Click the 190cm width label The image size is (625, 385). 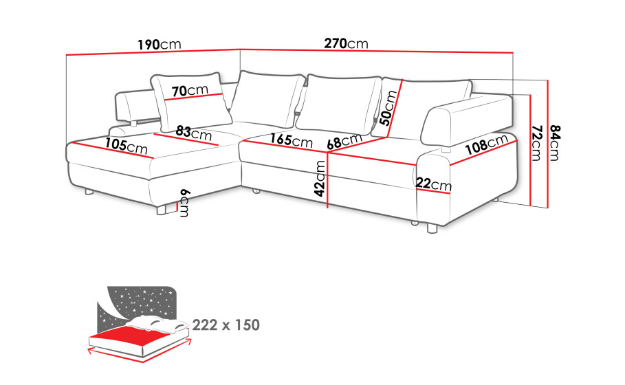tap(160, 44)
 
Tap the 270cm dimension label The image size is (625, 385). tap(346, 43)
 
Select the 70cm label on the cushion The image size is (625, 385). tap(190, 91)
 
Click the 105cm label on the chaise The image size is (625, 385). tap(127, 146)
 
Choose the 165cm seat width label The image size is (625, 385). tap(292, 140)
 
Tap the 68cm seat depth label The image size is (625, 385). tap(344, 142)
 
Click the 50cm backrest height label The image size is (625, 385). tap(388, 108)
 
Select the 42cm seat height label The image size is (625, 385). tap(320, 179)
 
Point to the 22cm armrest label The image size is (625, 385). tap(434, 184)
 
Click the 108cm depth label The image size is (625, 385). tap(487, 144)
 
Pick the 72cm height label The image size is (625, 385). tap(537, 143)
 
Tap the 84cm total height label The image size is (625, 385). tap(554, 143)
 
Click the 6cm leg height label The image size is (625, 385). tap(184, 203)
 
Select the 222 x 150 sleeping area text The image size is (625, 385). tap(226, 325)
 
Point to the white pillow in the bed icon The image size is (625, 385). tap(160, 324)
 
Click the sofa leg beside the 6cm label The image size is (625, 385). tap(162, 210)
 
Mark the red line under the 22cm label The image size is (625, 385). tap(432, 190)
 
